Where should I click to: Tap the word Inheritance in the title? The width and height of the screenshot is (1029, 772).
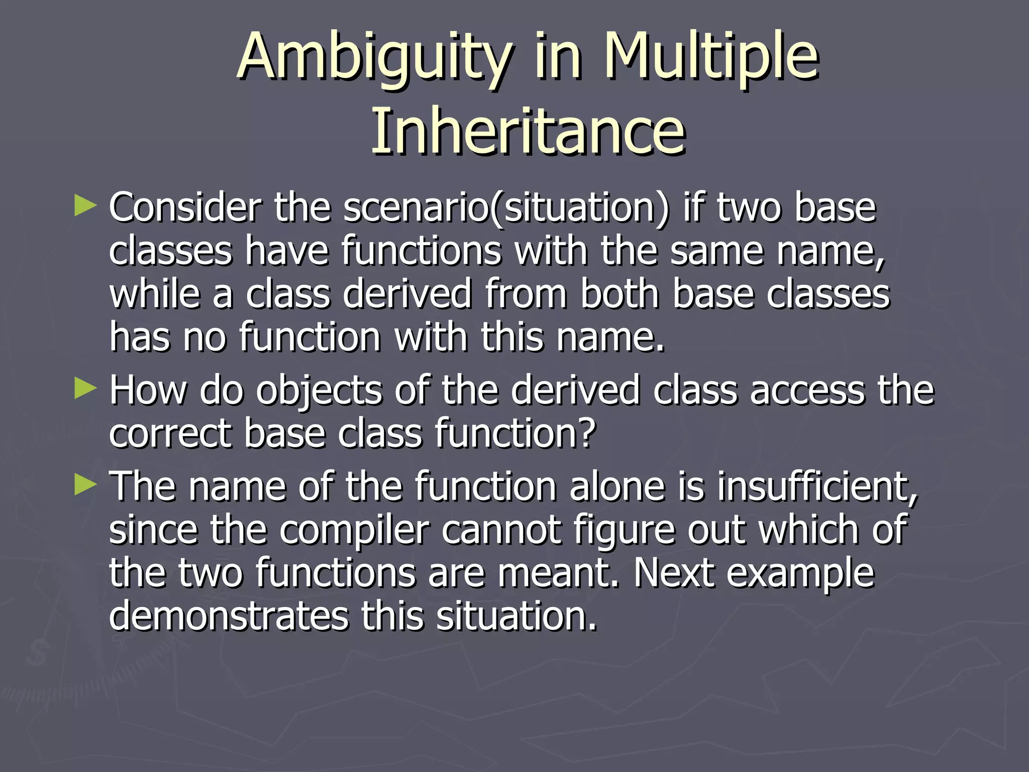tap(528, 132)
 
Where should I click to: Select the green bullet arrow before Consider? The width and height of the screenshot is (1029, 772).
tap(85, 207)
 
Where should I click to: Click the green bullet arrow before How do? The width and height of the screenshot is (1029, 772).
tap(85, 389)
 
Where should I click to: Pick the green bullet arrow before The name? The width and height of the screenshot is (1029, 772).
tap(85, 486)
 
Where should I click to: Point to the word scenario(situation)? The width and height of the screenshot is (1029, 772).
tap(506, 208)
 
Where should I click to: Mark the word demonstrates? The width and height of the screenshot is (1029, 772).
tap(229, 616)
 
